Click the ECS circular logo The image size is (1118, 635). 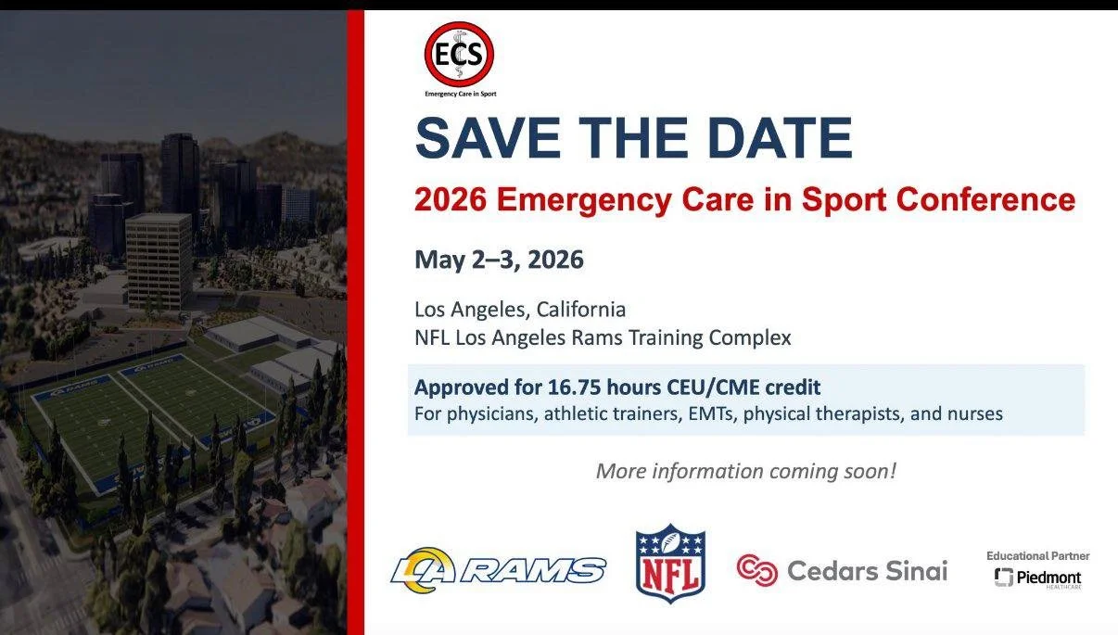pyautogui.click(x=459, y=54)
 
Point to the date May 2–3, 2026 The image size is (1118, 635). pyautogui.click(x=499, y=260)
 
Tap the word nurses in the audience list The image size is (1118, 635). pyautogui.click(x=972, y=413)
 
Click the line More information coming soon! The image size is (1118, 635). pyautogui.click(x=745, y=471)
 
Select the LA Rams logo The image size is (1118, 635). pyautogui.click(x=498, y=569)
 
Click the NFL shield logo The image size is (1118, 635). pyautogui.click(x=670, y=564)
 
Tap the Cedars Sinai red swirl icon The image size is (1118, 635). pyautogui.click(x=756, y=570)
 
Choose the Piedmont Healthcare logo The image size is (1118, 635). pyautogui.click(x=1037, y=578)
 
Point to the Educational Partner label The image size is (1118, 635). pyautogui.click(x=1037, y=556)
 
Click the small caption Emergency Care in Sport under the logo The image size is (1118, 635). pyautogui.click(x=459, y=94)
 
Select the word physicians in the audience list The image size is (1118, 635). pyautogui.click(x=492, y=413)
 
